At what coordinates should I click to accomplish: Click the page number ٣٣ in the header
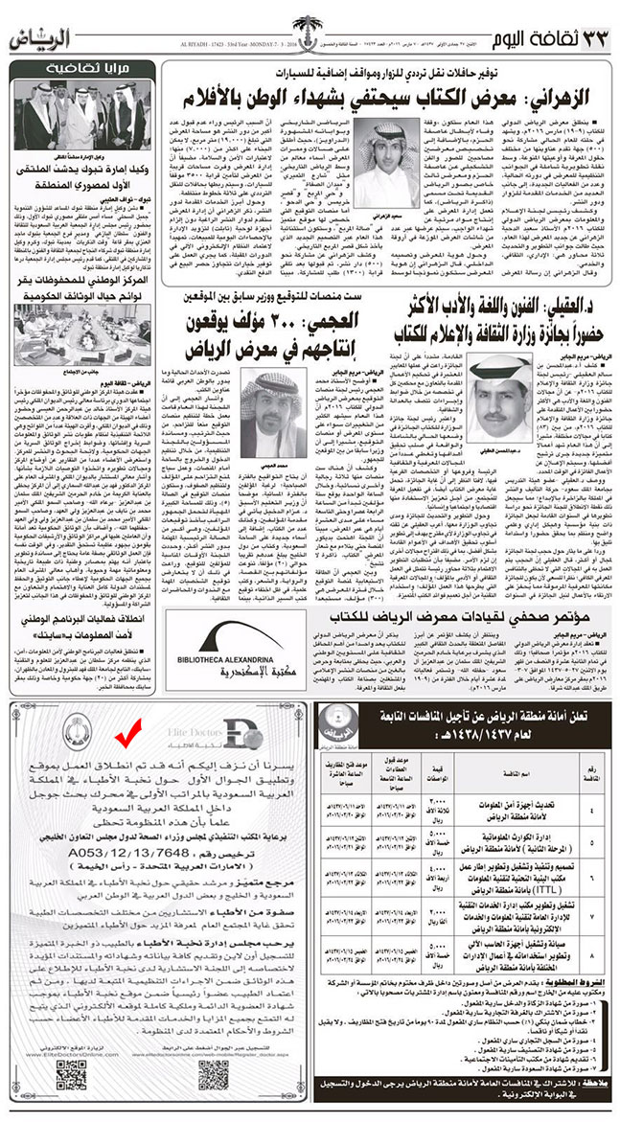coord(595,40)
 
